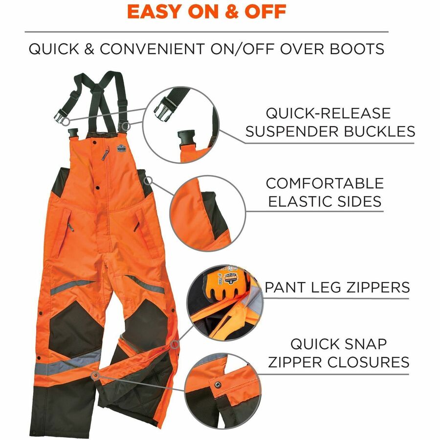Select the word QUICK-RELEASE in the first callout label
pyautogui.click(x=328, y=113)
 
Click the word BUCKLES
pyautogui.click(x=379, y=132)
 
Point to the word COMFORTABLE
pyautogui.click(x=325, y=183)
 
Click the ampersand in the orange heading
pyautogui.click(x=231, y=12)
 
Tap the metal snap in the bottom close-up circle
pyautogui.click(x=218, y=384)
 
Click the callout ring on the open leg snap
pyautogui.click(x=95, y=375)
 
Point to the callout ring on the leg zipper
pyautogui.click(x=175, y=345)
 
